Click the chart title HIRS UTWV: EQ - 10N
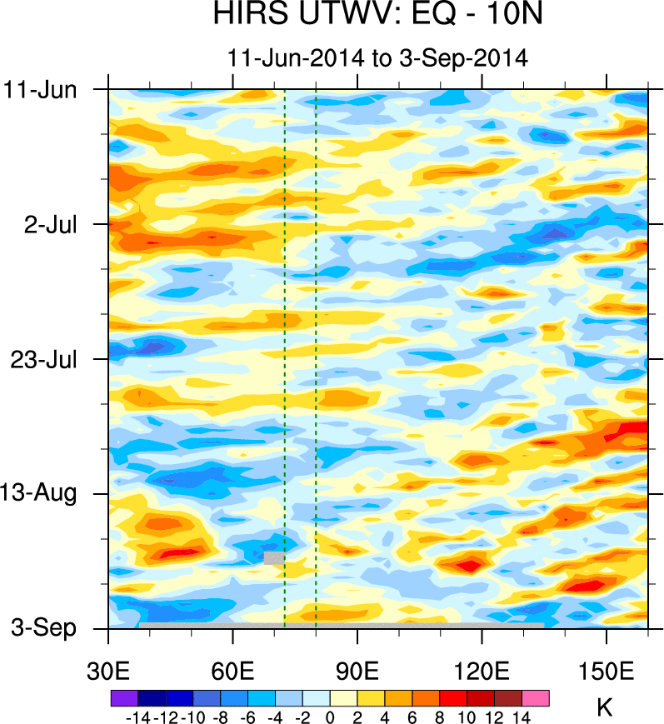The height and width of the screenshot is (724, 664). [377, 16]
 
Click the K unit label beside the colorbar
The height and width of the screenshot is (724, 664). [606, 709]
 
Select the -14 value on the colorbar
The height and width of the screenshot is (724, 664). [137, 716]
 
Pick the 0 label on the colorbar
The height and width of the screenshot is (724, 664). [330, 716]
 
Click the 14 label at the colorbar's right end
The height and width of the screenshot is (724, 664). [522, 716]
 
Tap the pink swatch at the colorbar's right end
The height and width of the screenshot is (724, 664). [536, 697]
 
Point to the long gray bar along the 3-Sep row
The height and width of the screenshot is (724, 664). [342, 625]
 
